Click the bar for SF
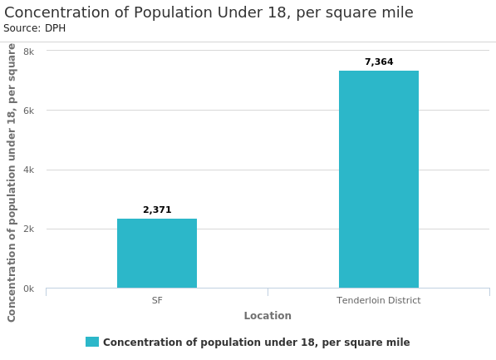pyautogui.click(x=157, y=254)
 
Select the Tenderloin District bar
pyautogui.click(x=378, y=180)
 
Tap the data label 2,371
pyautogui.click(x=157, y=210)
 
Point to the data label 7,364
pyautogui.click(x=379, y=62)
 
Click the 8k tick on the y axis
pyautogui.click(x=28, y=52)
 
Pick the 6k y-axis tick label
pyautogui.click(x=28, y=111)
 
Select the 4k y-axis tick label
pyautogui.click(x=28, y=170)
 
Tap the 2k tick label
pyautogui.click(x=28, y=229)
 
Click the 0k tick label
pyautogui.click(x=28, y=289)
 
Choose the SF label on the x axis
pyautogui.click(x=157, y=300)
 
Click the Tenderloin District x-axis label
pyautogui.click(x=378, y=300)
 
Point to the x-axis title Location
pyautogui.click(x=268, y=316)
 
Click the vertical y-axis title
pyautogui.click(x=12, y=182)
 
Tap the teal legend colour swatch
pyautogui.click(x=92, y=342)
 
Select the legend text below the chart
pyautogui.click(x=256, y=343)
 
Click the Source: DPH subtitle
pyautogui.click(x=35, y=29)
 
